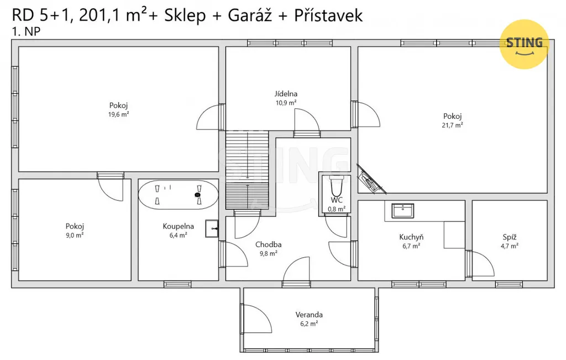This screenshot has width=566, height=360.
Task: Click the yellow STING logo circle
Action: pyautogui.click(x=524, y=44)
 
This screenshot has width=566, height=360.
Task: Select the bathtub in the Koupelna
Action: pyautogui.click(x=179, y=195)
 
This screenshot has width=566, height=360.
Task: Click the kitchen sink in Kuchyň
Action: pyautogui.click(x=403, y=211)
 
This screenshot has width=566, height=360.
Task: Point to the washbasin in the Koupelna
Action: pyautogui.click(x=212, y=228)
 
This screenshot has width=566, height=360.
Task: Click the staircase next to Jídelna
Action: pyautogui.click(x=247, y=170)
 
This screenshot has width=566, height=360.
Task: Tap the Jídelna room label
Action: pyautogui.click(x=286, y=94)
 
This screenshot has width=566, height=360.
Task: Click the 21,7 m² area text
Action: pyautogui.click(x=452, y=126)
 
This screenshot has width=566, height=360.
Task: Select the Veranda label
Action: pyautogui.click(x=309, y=315)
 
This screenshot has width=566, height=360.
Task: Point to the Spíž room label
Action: pyautogui.click(x=510, y=237)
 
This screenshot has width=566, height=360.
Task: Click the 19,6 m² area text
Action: pyautogui.click(x=119, y=114)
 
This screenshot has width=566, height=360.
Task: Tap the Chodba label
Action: pyautogui.click(x=269, y=244)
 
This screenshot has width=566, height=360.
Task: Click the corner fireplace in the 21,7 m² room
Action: pyautogui.click(x=370, y=180)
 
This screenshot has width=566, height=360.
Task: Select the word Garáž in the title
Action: pyautogui.click(x=249, y=15)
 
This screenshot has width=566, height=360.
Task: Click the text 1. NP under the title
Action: pyautogui.click(x=26, y=32)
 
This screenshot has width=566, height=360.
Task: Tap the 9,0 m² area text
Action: pyautogui.click(x=75, y=236)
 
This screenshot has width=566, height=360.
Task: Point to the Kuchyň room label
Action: pyautogui.click(x=411, y=237)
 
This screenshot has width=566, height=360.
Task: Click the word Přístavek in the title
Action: pyautogui.click(x=328, y=15)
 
